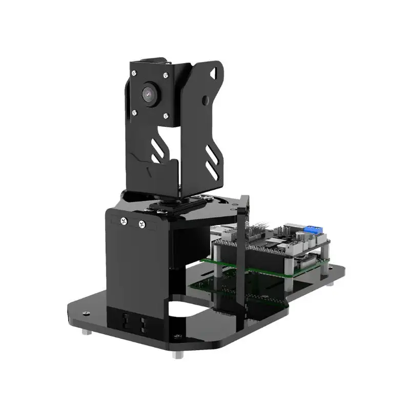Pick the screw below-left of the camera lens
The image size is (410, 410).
[x=134, y=112]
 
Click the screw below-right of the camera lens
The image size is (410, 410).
[x=166, y=116]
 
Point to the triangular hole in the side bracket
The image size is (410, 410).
[x=213, y=73]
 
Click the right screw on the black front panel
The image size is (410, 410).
[x=142, y=224]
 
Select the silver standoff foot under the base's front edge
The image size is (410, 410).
[x=177, y=354]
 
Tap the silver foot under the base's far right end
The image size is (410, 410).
[x=331, y=283]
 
